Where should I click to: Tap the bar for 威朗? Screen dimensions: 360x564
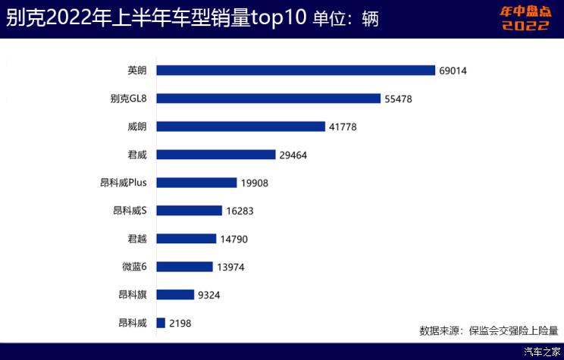click(x=240, y=127)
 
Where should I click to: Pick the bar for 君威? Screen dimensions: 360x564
click(x=215, y=155)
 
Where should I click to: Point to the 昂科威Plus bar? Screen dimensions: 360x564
click(x=196, y=183)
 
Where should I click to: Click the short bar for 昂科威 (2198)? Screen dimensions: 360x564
click(x=161, y=323)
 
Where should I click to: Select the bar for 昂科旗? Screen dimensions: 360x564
click(x=175, y=295)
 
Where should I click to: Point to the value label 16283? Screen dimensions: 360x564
click(x=240, y=211)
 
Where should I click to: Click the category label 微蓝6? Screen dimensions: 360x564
click(x=134, y=267)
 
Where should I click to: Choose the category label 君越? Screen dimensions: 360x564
click(x=137, y=239)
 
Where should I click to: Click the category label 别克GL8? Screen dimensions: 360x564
click(x=127, y=99)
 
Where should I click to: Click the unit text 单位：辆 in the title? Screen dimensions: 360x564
click(x=345, y=18)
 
